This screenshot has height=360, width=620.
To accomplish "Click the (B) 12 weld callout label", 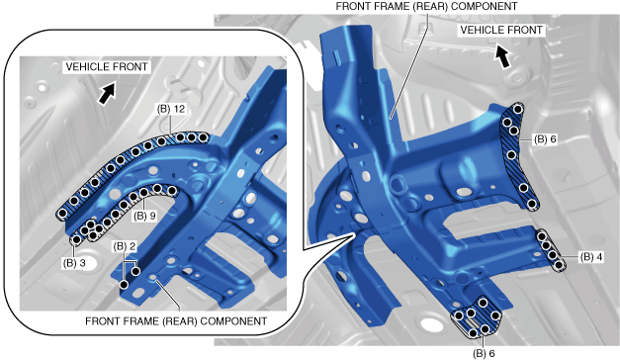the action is (171, 109).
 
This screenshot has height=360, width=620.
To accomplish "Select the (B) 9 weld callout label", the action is (144, 216).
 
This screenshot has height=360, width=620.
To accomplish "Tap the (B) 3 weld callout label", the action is (74, 263).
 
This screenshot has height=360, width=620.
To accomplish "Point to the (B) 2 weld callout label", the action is (125, 246).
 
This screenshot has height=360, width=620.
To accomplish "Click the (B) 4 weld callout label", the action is (591, 257).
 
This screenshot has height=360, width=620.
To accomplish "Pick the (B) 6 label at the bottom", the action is (484, 353).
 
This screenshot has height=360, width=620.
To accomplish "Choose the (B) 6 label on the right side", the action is (545, 139).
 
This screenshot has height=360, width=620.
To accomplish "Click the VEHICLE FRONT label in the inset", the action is (107, 66).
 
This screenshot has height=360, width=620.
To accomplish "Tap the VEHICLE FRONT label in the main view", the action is (501, 30).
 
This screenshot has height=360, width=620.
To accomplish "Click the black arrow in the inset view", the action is (107, 93).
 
